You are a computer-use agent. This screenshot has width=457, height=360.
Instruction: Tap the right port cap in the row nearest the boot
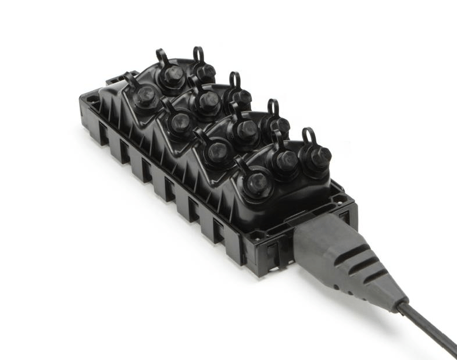tap(316, 155)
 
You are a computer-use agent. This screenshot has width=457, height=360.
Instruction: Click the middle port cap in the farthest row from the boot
tap(172, 76)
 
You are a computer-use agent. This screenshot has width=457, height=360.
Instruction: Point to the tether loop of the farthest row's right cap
tap(198, 54)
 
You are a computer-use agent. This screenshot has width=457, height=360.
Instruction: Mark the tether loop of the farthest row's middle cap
tap(162, 57)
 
